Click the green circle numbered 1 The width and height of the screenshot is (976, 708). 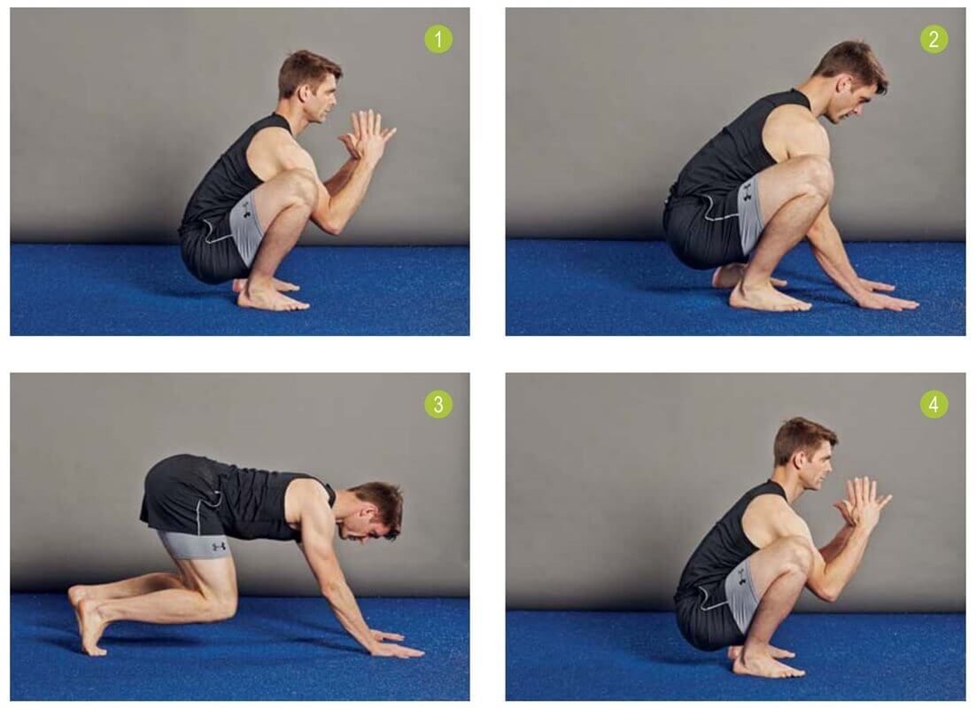[x=438, y=39]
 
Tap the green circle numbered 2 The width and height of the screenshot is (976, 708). [x=933, y=39]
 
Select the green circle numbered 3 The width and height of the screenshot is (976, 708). [x=438, y=404]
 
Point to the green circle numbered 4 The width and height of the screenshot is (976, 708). [x=933, y=404]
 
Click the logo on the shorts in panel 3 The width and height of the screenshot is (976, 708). [x=219, y=547]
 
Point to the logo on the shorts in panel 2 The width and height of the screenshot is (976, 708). [x=747, y=191]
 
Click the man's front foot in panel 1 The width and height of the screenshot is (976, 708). [x=274, y=298]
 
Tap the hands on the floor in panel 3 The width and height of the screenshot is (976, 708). [x=396, y=645]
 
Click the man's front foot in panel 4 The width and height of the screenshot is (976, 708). [x=769, y=665]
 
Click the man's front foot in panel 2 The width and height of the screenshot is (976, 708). [x=770, y=298]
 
